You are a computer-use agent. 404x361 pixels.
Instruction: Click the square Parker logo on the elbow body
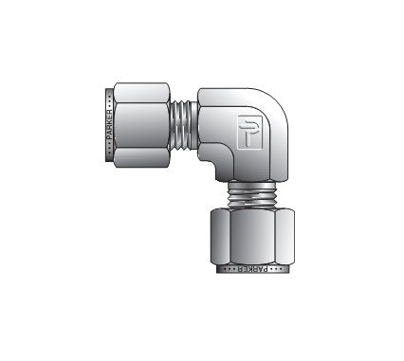coord(249,132)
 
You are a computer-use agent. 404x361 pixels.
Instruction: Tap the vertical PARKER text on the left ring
coord(110,125)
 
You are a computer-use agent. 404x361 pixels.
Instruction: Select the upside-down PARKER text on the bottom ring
coord(251,269)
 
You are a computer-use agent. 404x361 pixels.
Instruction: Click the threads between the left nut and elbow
coord(184,125)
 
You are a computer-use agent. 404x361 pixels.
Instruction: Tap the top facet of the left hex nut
coord(141,92)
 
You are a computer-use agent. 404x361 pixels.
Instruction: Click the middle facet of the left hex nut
coord(141,125)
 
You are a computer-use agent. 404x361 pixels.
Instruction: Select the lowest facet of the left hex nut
coord(141,157)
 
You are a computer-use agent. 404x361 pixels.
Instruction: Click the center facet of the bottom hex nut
coord(252,236)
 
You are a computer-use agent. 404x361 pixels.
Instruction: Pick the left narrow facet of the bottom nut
coord(220,236)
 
